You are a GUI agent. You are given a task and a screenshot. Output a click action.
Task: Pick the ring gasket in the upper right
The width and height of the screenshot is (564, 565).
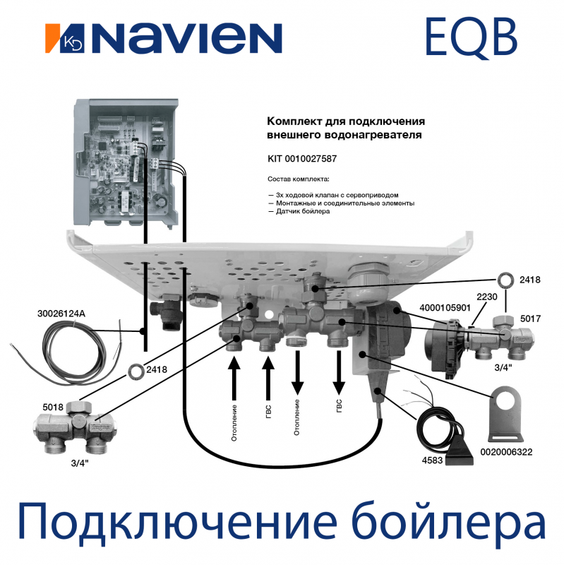(x=506, y=278)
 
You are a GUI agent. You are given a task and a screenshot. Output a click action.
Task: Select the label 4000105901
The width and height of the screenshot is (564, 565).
(x=444, y=307)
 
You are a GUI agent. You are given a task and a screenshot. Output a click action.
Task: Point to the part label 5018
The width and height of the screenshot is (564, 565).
(x=54, y=408)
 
